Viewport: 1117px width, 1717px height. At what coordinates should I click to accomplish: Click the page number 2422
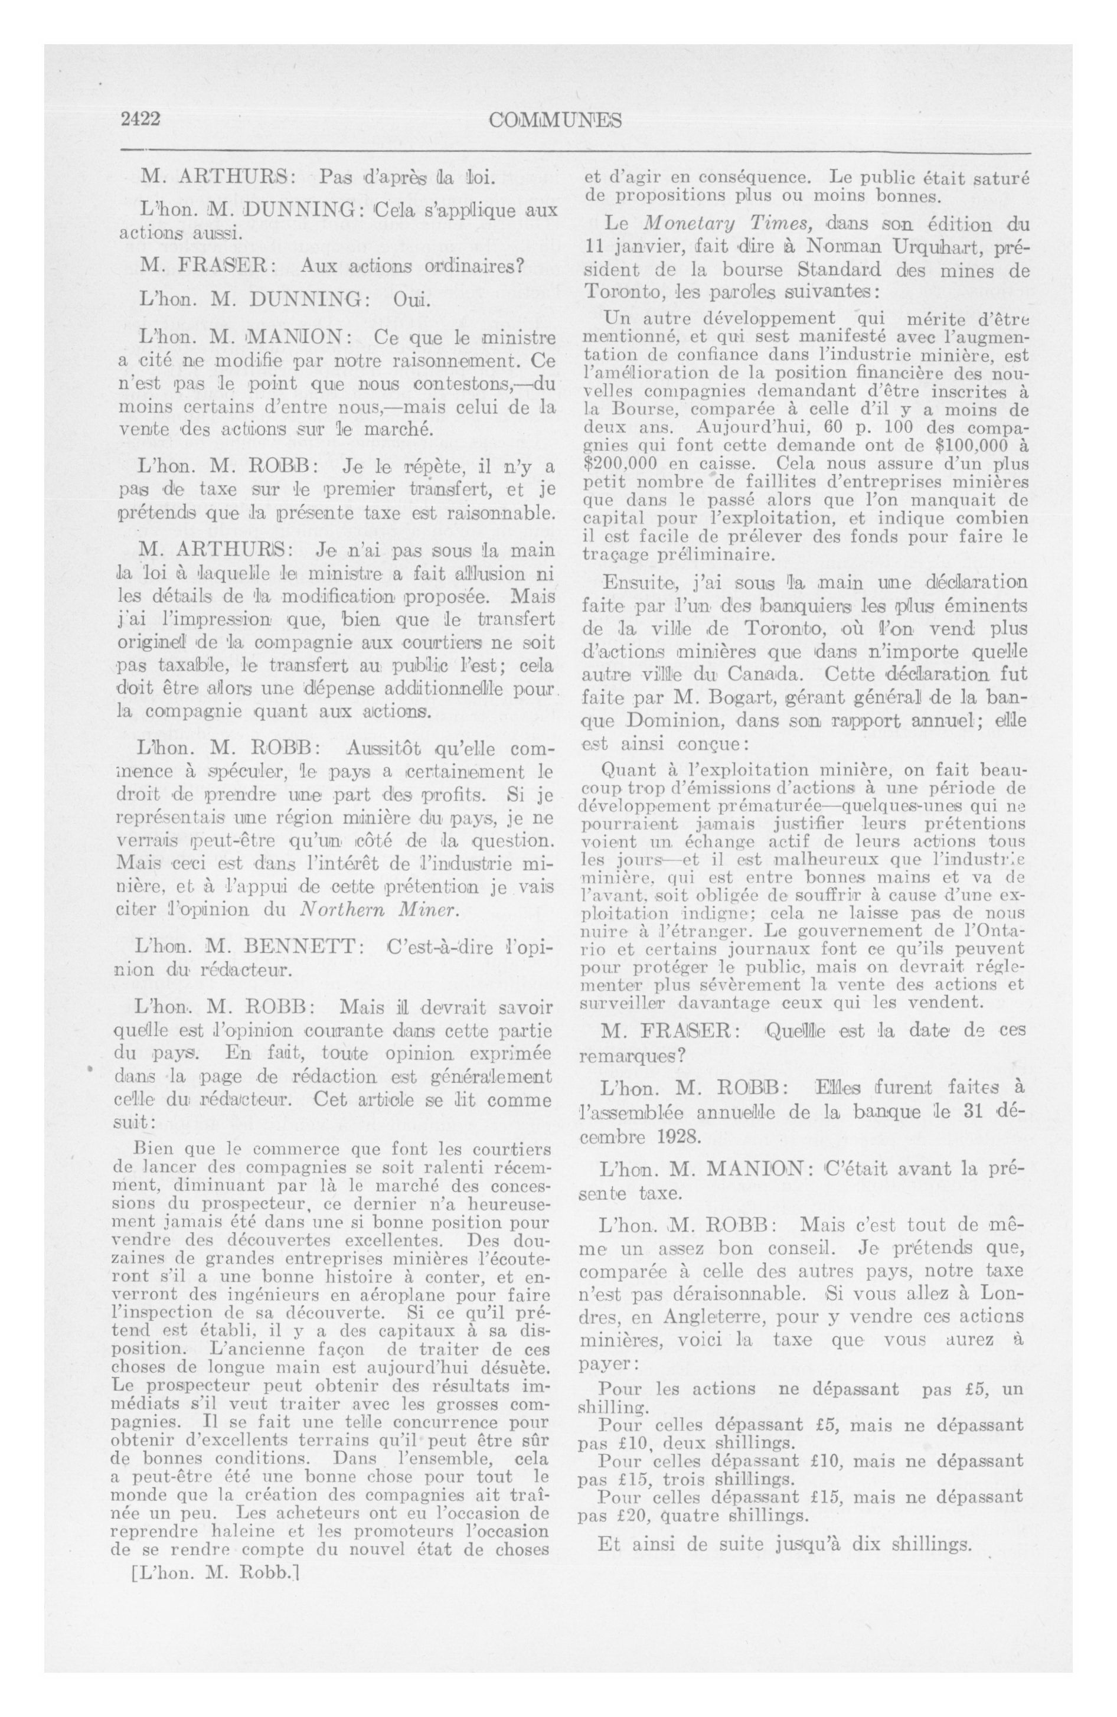coord(140,120)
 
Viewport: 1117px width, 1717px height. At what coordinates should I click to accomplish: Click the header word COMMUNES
coord(554,120)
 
